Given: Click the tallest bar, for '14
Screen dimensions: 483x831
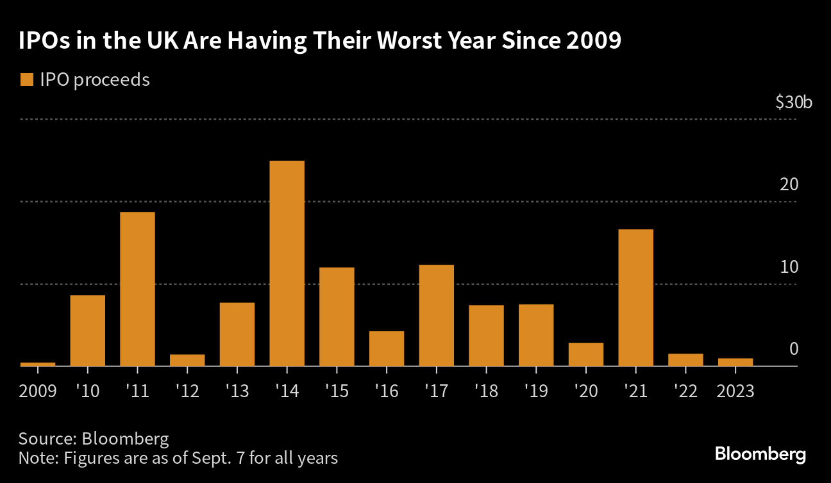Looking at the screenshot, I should click(x=287, y=263).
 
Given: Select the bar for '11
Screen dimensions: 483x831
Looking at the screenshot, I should click(x=137, y=289).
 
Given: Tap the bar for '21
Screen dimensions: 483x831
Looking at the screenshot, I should click(x=635, y=297).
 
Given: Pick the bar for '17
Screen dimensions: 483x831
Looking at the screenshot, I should click(x=436, y=315).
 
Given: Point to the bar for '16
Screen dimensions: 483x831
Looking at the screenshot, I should click(x=387, y=348).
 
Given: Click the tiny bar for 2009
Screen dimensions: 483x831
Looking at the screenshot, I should click(x=38, y=364).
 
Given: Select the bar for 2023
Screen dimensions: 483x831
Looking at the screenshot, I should click(x=735, y=362).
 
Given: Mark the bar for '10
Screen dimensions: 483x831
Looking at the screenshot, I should click(x=87, y=331).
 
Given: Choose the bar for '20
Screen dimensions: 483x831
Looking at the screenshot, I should click(x=586, y=354).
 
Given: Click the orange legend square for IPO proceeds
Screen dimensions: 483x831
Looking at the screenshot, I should click(x=26, y=80).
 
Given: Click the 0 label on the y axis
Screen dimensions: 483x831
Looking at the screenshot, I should click(x=794, y=349).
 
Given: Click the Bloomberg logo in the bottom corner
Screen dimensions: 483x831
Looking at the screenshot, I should click(x=760, y=454).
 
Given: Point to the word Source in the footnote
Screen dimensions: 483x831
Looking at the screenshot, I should click(x=46, y=439).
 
